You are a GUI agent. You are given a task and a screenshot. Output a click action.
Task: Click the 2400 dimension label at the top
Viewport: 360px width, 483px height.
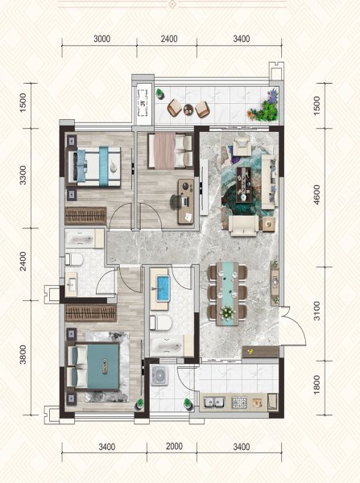[169, 39]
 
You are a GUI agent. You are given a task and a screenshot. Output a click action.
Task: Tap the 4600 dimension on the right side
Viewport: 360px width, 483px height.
[317, 195]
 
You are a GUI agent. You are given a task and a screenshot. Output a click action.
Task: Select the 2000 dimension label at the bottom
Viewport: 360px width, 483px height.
[175, 446]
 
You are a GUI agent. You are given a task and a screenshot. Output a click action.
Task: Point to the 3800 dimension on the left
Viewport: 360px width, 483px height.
[23, 354]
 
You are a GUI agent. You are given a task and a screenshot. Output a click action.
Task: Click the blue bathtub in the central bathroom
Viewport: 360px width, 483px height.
[163, 288]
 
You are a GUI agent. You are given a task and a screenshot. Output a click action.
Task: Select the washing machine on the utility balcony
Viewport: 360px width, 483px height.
[160, 375]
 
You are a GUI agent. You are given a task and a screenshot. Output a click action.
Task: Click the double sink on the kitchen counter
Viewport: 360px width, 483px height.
[214, 402]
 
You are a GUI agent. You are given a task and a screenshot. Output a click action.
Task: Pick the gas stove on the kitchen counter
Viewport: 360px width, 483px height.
[239, 402]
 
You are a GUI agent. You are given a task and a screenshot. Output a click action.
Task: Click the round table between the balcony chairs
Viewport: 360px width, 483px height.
[188, 109]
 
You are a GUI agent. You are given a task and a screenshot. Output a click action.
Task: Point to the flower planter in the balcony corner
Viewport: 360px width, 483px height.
[264, 107]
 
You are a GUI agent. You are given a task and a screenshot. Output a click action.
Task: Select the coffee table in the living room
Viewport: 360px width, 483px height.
[243, 184]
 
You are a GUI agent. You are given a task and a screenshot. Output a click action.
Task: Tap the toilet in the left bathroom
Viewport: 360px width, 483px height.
[74, 259]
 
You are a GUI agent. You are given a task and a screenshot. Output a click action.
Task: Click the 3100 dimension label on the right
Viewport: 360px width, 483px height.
[317, 311]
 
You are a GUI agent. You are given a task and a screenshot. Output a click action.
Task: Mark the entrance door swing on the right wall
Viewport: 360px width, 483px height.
[293, 326]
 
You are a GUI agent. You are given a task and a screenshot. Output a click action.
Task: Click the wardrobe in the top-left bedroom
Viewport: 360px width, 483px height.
[85, 216]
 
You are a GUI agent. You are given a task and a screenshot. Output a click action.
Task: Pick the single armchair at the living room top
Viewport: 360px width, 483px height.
[243, 147]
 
